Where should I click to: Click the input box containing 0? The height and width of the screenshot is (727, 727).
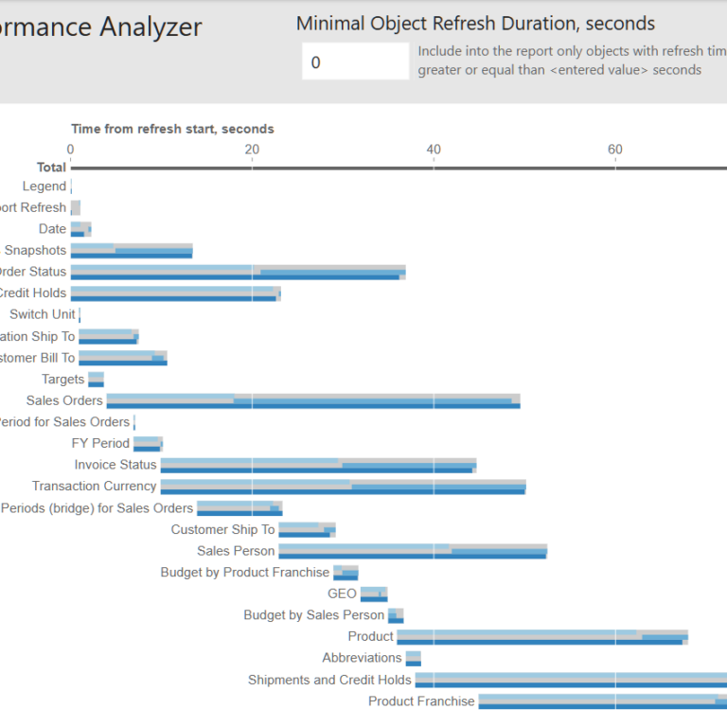355,62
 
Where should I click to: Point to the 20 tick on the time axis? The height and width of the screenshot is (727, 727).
252,149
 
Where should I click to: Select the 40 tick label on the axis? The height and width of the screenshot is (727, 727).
434,149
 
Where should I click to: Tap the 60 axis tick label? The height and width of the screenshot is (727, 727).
615,149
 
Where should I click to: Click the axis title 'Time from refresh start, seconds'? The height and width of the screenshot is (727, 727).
172,129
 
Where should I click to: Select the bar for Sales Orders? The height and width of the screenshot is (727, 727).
312,400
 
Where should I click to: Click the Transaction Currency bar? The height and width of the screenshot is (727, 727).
343,487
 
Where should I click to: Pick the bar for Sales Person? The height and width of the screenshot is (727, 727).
413,551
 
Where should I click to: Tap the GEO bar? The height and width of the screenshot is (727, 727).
374,594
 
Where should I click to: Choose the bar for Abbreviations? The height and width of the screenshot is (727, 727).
414,658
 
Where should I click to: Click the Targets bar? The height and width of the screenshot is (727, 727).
96,380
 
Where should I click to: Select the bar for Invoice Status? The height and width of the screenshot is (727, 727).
318,465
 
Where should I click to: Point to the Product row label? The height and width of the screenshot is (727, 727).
370,636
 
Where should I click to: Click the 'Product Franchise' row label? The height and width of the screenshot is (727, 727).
421,701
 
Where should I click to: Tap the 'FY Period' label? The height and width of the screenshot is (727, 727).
100,443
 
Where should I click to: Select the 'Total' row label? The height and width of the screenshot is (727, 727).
51,168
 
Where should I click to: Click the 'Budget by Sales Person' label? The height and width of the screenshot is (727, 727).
313,615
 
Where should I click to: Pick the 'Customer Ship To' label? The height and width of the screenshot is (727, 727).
222,529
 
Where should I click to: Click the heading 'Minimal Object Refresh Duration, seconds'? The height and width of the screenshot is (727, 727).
475,24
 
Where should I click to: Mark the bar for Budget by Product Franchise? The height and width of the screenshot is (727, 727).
346,573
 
